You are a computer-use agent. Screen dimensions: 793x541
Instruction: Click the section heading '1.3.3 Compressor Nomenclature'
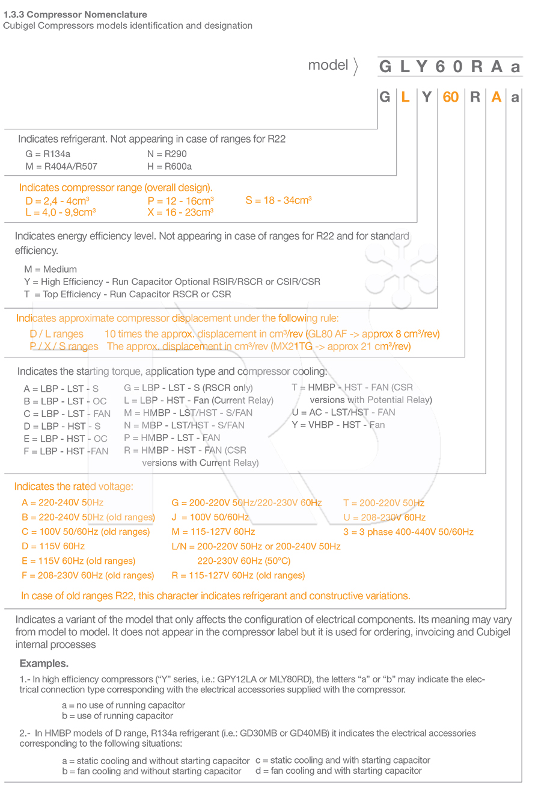tap(75, 14)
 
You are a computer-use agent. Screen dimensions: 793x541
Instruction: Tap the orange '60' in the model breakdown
tap(450, 97)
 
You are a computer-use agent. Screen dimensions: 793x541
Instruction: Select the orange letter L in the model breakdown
tap(406, 97)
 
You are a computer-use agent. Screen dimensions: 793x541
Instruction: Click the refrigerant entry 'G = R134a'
tap(47, 154)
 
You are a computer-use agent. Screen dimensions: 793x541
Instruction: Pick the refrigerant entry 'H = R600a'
tap(170, 166)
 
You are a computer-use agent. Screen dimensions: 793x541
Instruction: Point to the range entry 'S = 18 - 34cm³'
tap(278, 200)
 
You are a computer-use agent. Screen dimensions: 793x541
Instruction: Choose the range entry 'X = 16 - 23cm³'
tap(180, 212)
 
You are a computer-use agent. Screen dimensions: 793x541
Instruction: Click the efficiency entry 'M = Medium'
tap(50, 269)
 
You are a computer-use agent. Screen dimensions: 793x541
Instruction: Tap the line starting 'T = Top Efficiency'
tap(127, 294)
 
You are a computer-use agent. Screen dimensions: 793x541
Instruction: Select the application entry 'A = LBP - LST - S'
tap(61, 389)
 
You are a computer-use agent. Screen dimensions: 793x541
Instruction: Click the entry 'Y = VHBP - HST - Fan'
tap(338, 425)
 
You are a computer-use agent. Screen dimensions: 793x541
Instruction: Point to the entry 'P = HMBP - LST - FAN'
tap(172, 437)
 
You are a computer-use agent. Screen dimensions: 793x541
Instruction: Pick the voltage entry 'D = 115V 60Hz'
tap(53, 546)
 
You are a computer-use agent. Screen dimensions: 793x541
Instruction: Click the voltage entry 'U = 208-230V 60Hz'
tap(384, 517)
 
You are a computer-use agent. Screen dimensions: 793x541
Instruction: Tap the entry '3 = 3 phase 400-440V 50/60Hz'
tap(408, 532)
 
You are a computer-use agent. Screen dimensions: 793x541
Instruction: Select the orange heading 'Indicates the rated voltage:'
tap(74, 486)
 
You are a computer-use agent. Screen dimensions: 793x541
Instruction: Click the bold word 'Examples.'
tap(44, 664)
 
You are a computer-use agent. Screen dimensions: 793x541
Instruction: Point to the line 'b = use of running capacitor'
tap(117, 716)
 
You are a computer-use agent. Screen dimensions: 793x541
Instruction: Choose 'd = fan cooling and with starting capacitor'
tap(338, 771)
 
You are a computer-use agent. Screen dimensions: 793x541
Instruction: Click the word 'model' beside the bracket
tap(328, 65)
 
